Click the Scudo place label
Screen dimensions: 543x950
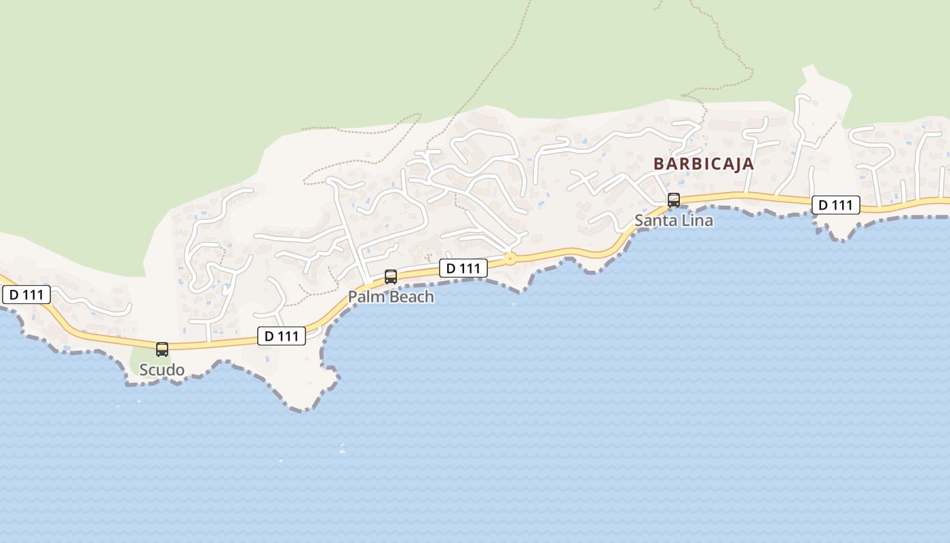[x=161, y=370]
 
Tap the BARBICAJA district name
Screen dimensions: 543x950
[x=704, y=164]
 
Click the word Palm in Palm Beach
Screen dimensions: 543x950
[x=364, y=297]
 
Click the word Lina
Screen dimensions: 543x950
[x=697, y=221]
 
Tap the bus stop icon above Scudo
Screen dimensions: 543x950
[x=162, y=350]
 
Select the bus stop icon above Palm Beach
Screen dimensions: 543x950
[x=391, y=277]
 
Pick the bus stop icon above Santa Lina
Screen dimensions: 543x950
[x=674, y=200]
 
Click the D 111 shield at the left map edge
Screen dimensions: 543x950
[x=26, y=295]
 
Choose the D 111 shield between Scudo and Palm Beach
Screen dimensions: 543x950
[x=281, y=336]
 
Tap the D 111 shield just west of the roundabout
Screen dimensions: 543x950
[x=463, y=268]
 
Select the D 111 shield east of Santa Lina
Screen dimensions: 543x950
[x=836, y=205]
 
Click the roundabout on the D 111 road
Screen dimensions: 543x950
[x=510, y=259]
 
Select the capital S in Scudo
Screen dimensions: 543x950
[x=144, y=370]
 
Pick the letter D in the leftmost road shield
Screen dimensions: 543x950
[x=14, y=295]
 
